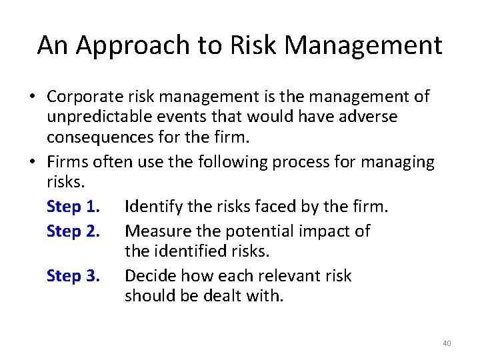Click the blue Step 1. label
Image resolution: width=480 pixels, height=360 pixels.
coord(73,207)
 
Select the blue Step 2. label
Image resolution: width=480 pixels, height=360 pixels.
coord(73,231)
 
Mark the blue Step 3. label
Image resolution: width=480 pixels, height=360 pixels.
coord(73,276)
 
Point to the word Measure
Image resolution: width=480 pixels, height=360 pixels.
coord(155,231)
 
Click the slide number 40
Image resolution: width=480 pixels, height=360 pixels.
coord(446,343)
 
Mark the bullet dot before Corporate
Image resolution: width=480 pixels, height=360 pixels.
coord(31,97)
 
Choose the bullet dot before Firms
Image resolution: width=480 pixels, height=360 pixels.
coord(31,163)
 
